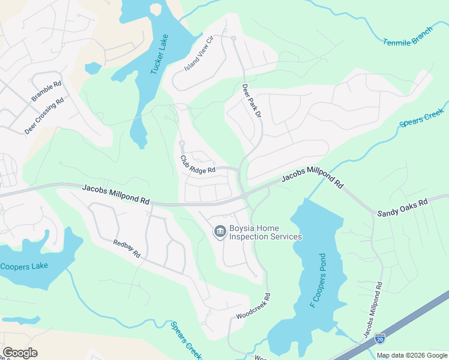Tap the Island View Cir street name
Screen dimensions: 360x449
pyautogui.click(x=199, y=53)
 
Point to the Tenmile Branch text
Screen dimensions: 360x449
pyautogui.click(x=408, y=37)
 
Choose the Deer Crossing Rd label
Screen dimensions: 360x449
pyautogui.click(x=44, y=116)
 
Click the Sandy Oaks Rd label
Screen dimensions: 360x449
pyautogui.click(x=402, y=208)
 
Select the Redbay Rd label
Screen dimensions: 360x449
pyautogui.click(x=127, y=248)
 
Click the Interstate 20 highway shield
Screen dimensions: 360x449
pyautogui.click(x=379, y=339)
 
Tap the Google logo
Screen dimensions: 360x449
pyautogui.click(x=20, y=353)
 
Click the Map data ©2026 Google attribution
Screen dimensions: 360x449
pyautogui.click(x=411, y=355)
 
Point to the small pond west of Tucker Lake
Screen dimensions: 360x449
pyautogui.click(x=93, y=68)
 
